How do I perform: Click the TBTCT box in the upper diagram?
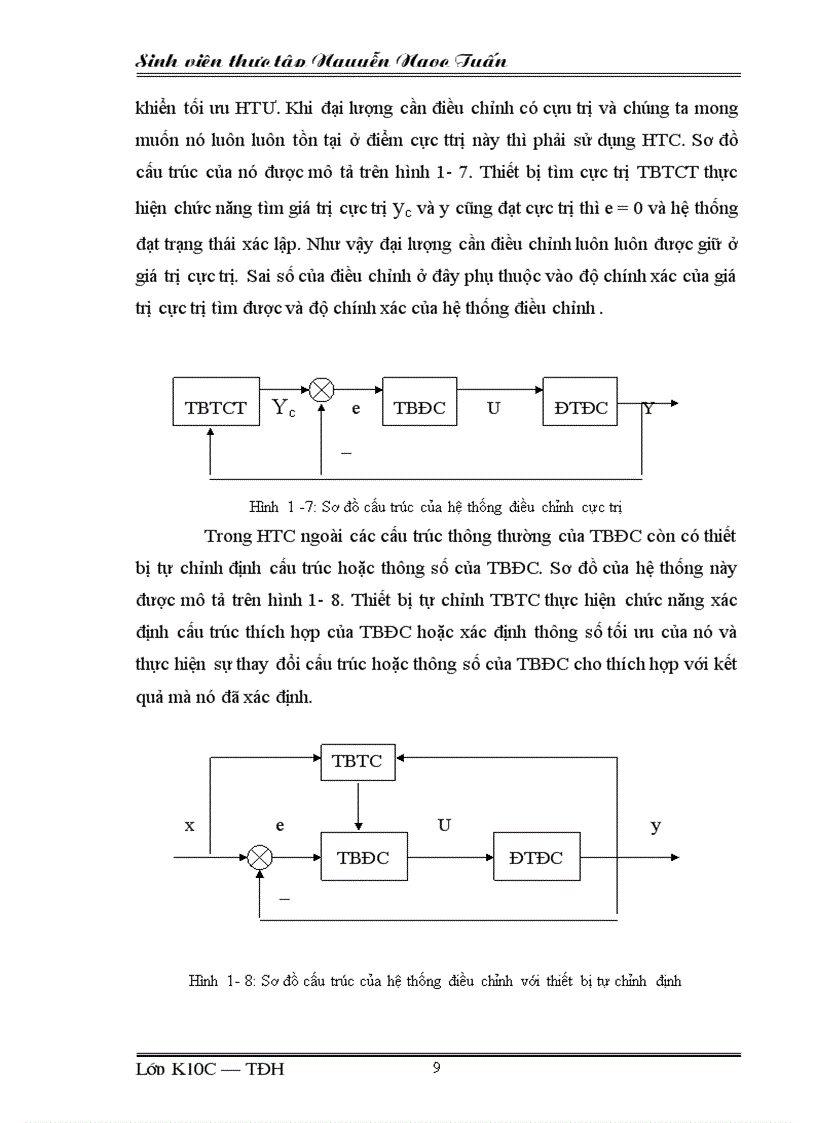(216, 406)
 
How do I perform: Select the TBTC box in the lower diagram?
(357, 760)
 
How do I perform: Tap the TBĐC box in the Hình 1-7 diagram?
(420, 406)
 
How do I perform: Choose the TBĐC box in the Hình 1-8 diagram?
(362, 857)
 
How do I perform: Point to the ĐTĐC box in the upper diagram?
(580, 406)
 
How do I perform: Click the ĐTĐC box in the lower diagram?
(535, 857)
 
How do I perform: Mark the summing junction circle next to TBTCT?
(321, 391)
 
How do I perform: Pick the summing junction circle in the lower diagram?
(260, 857)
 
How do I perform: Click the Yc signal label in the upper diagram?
(284, 407)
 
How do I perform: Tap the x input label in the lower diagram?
(189, 825)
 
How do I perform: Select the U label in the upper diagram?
(493, 407)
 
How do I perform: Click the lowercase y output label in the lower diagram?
(656, 825)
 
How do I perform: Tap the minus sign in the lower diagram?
(284, 899)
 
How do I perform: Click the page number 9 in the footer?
(436, 1068)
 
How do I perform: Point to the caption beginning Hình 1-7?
(436, 507)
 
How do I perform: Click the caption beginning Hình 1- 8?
(435, 981)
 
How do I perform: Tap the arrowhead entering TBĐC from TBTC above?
(357, 825)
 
